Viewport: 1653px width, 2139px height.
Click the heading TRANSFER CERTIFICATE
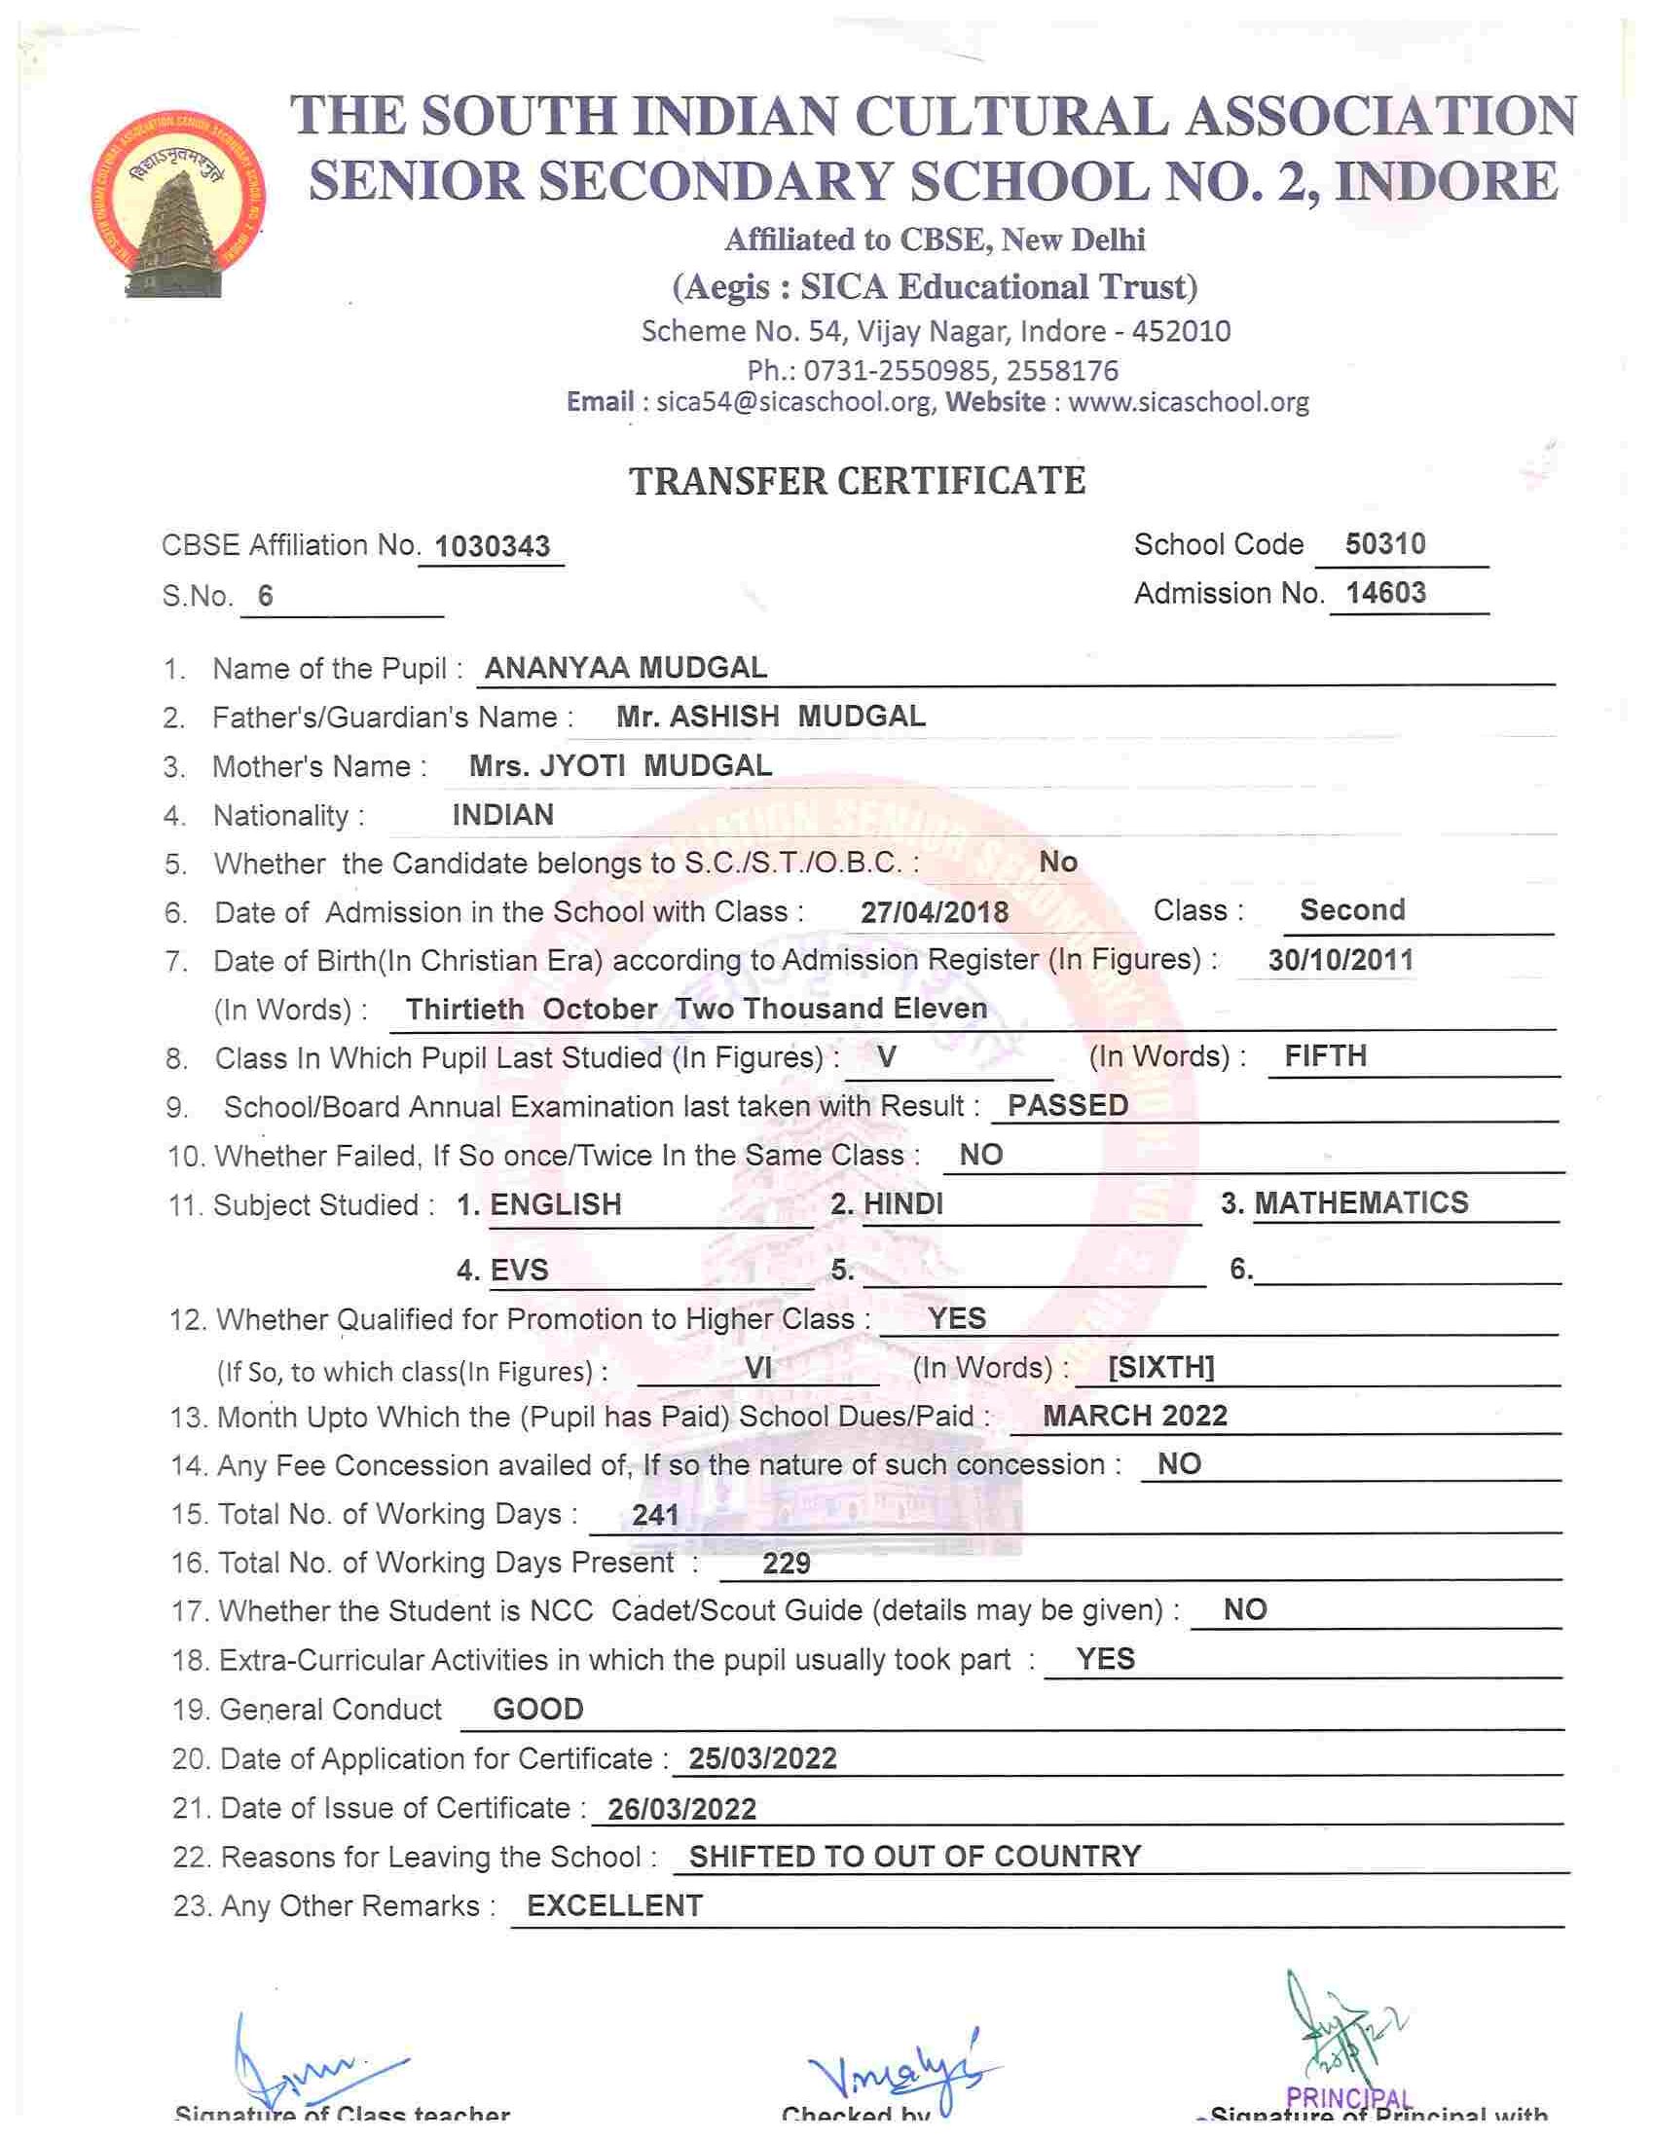(857, 481)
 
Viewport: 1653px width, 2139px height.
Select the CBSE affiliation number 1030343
(492, 546)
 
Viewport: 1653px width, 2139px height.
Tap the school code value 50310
(1384, 544)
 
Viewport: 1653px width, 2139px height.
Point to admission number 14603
(1384, 594)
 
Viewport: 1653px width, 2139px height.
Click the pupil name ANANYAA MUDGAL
(626, 668)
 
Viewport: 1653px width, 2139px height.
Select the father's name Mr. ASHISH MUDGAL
(771, 717)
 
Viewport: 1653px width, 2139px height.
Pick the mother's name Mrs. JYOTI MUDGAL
(620, 766)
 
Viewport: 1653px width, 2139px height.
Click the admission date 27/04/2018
(935, 913)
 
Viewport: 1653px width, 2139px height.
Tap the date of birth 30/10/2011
(1341, 960)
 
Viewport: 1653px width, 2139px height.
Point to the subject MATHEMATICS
(1361, 1202)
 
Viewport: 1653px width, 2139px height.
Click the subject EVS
(519, 1271)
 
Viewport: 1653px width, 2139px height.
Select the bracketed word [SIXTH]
(1160, 1367)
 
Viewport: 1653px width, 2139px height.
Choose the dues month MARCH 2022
(1135, 1417)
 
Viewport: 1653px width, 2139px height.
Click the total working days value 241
(655, 1515)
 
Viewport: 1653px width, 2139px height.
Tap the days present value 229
(787, 1564)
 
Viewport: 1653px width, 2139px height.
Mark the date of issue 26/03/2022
(681, 1809)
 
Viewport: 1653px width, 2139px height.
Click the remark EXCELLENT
(615, 1906)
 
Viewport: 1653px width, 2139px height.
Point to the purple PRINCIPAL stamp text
(1347, 2100)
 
